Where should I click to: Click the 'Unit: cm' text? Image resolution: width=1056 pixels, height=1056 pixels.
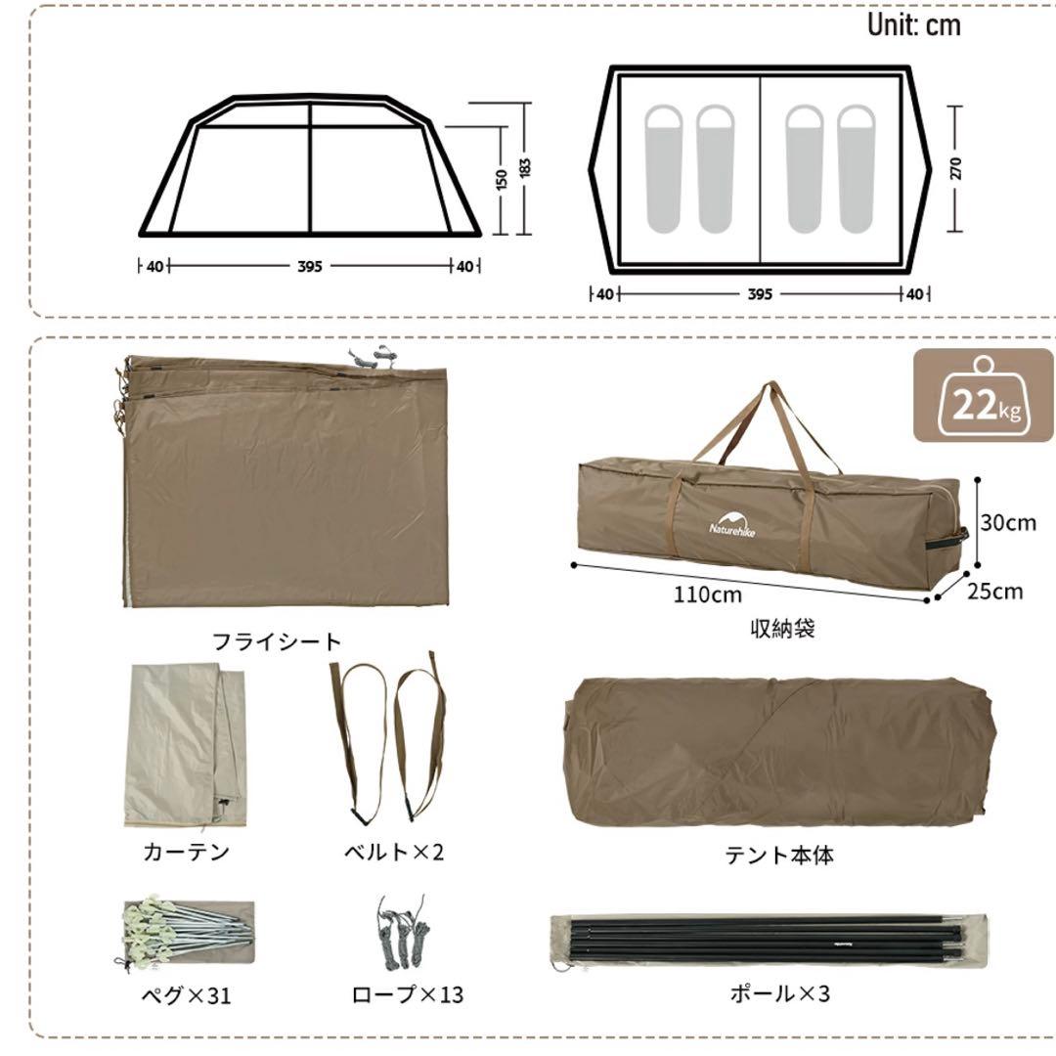tap(913, 25)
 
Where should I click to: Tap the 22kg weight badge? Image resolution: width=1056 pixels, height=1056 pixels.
tap(985, 402)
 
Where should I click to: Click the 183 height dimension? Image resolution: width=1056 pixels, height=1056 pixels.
tap(525, 168)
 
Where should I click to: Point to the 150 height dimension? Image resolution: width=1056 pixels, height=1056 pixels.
tap(501, 179)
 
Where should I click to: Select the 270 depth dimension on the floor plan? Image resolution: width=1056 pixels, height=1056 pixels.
tap(955, 168)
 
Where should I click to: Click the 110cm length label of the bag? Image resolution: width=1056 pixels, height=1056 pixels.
tap(707, 594)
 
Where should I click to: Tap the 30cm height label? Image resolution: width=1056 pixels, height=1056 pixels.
tap(1007, 522)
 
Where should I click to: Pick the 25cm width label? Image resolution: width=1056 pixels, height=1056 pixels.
tap(995, 591)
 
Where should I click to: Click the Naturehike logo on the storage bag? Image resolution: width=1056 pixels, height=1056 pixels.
tap(732, 522)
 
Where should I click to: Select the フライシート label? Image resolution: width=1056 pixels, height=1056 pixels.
tap(278, 641)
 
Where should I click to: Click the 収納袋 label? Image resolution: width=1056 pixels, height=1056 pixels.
tap(780, 629)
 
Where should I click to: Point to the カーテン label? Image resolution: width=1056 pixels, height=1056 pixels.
tap(187, 852)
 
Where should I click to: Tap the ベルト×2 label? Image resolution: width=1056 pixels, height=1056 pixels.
tap(393, 852)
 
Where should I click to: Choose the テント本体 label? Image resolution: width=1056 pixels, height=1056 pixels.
tap(779, 856)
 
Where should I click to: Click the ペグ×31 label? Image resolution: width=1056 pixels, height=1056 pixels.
tap(186, 996)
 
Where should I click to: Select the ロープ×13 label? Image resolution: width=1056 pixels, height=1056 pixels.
tap(407, 995)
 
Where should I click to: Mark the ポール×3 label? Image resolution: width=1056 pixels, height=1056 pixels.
tap(779, 994)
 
